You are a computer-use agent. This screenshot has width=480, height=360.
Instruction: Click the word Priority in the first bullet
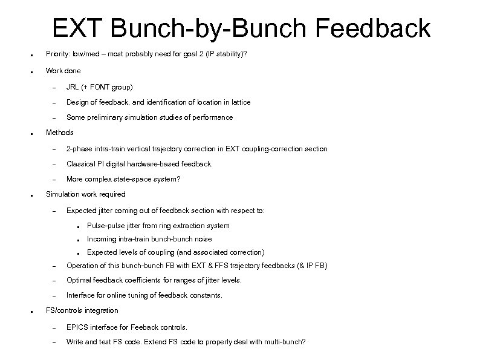(x=58, y=54)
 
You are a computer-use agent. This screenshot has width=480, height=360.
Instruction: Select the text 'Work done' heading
(x=63, y=71)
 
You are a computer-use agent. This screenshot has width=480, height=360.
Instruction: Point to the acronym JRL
(x=73, y=87)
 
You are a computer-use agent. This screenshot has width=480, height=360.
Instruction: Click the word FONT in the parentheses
(x=99, y=87)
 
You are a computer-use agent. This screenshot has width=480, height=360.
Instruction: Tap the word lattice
(x=238, y=102)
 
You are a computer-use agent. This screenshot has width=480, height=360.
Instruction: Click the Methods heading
(x=59, y=132)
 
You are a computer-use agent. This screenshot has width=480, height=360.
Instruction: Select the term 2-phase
(x=79, y=149)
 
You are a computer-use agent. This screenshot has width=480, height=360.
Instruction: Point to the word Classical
(x=80, y=164)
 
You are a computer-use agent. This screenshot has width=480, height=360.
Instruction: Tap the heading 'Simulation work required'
(x=86, y=194)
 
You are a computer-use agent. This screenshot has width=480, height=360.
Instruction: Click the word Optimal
(x=79, y=280)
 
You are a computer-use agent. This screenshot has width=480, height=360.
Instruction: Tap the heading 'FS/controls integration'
(x=82, y=310)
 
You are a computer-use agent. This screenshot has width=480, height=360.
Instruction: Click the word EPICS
(x=77, y=327)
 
